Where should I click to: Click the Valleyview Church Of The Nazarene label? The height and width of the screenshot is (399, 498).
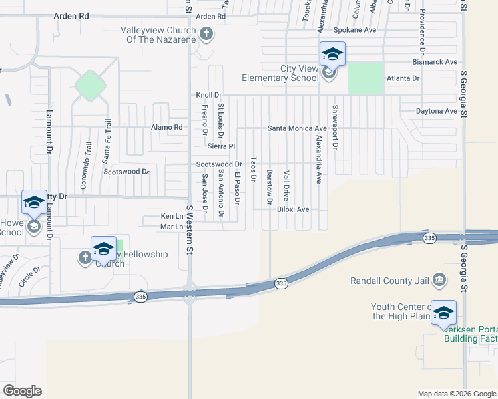tap(158, 35)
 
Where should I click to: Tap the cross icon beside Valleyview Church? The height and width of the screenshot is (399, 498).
tap(206, 33)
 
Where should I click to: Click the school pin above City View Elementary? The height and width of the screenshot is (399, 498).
tap(332, 54)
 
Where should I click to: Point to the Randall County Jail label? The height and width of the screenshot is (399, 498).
tap(389, 281)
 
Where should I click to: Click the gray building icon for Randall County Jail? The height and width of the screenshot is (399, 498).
tap(439, 279)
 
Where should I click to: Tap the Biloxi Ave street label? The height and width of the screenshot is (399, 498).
tap(293, 209)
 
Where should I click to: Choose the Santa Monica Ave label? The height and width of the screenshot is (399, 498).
tap(297, 128)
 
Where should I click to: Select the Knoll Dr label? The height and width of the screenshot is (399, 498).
tap(208, 96)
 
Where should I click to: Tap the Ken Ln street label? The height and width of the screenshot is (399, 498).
tap(171, 217)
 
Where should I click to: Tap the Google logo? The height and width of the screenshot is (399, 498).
tap(23, 391)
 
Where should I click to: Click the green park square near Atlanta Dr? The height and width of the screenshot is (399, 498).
tap(366, 78)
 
